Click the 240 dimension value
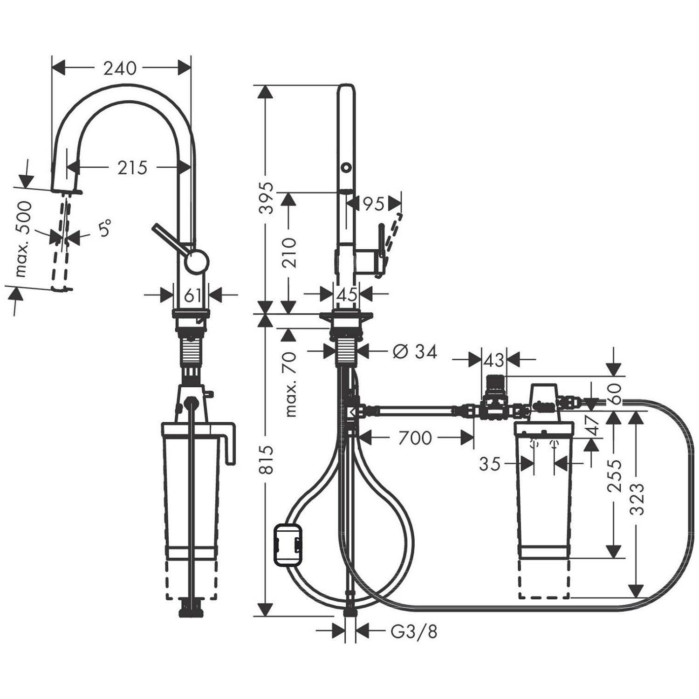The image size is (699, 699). (120, 69)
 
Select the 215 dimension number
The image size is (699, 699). (132, 168)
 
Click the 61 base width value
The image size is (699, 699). (192, 295)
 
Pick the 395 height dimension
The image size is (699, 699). (267, 198)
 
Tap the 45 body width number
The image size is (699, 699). (347, 295)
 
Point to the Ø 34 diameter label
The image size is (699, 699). (415, 352)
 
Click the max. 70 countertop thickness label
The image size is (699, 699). (290, 384)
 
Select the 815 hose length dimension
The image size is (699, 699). (267, 459)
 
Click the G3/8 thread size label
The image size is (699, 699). (414, 632)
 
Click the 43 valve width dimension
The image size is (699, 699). (494, 360)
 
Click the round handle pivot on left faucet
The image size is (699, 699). (196, 261)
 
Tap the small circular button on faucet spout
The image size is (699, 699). (346, 167)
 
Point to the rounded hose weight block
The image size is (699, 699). (288, 545)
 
